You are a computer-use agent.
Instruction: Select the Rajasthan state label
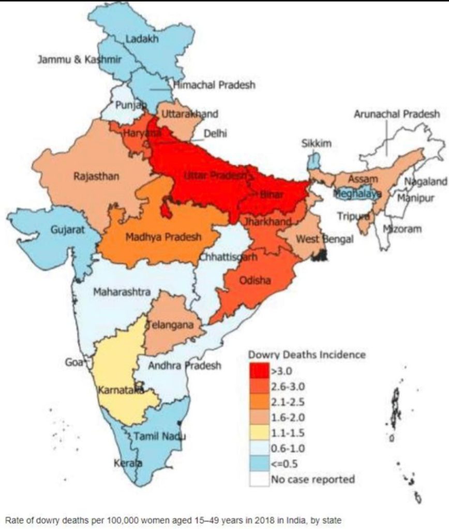pyautogui.click(x=96, y=177)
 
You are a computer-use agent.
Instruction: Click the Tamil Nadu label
pyautogui.click(x=159, y=437)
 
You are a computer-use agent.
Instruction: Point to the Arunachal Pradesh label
pyautogui.click(x=397, y=114)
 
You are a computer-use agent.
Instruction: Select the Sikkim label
pyautogui.click(x=316, y=144)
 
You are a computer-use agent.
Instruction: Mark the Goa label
pyautogui.click(x=74, y=363)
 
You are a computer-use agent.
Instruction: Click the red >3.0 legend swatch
pyautogui.click(x=259, y=370)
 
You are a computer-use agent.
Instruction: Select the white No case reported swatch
pyautogui.click(x=259, y=479)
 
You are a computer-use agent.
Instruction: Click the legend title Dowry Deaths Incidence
pyautogui.click(x=307, y=355)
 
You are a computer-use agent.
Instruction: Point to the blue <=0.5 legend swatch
pyautogui.click(x=259, y=463)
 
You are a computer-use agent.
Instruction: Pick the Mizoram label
pyautogui.click(x=402, y=228)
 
